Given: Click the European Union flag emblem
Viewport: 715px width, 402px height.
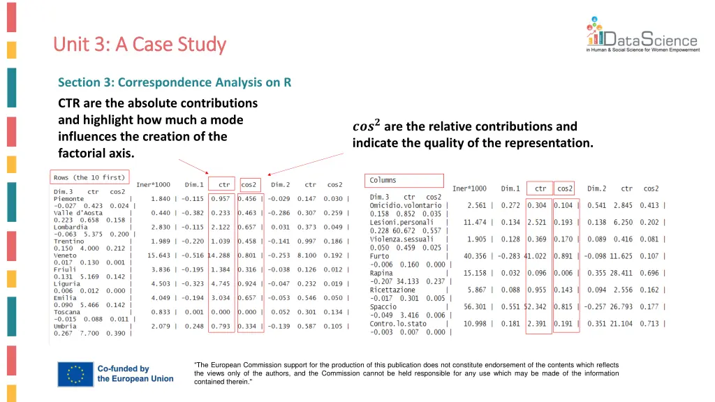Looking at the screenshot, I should tap(76, 373).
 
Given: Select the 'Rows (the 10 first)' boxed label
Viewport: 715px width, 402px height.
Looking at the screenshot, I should tap(90, 177).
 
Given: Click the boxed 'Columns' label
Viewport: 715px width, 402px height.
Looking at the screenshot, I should tap(383, 181).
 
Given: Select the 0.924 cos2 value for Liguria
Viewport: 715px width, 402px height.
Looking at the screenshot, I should tap(248, 284).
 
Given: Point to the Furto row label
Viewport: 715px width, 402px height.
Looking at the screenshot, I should tap(380, 256).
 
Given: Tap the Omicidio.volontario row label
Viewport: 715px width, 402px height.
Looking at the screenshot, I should tap(406, 206).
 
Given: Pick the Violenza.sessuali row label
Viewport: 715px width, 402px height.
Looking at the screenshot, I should tap(401, 239).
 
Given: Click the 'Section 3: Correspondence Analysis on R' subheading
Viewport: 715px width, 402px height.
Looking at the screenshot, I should tap(175, 82).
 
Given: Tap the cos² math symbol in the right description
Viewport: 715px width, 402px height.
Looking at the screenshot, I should tap(367, 126).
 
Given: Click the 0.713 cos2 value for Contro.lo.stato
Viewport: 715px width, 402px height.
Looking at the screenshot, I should tap(651, 323).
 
